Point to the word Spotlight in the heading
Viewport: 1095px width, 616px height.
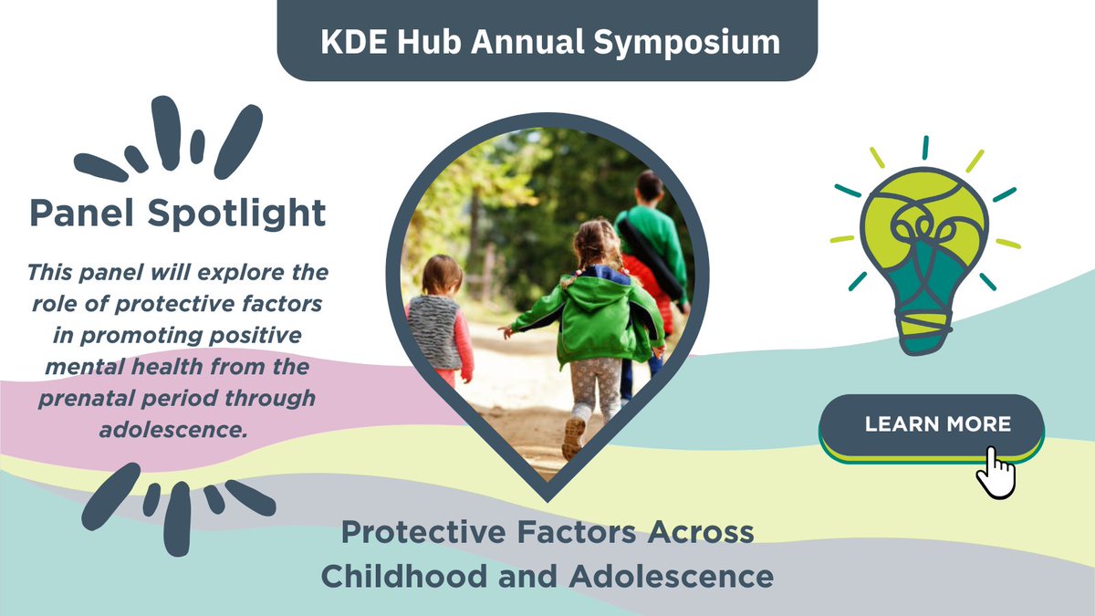coord(237,213)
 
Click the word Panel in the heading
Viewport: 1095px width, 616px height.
coord(83,213)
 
